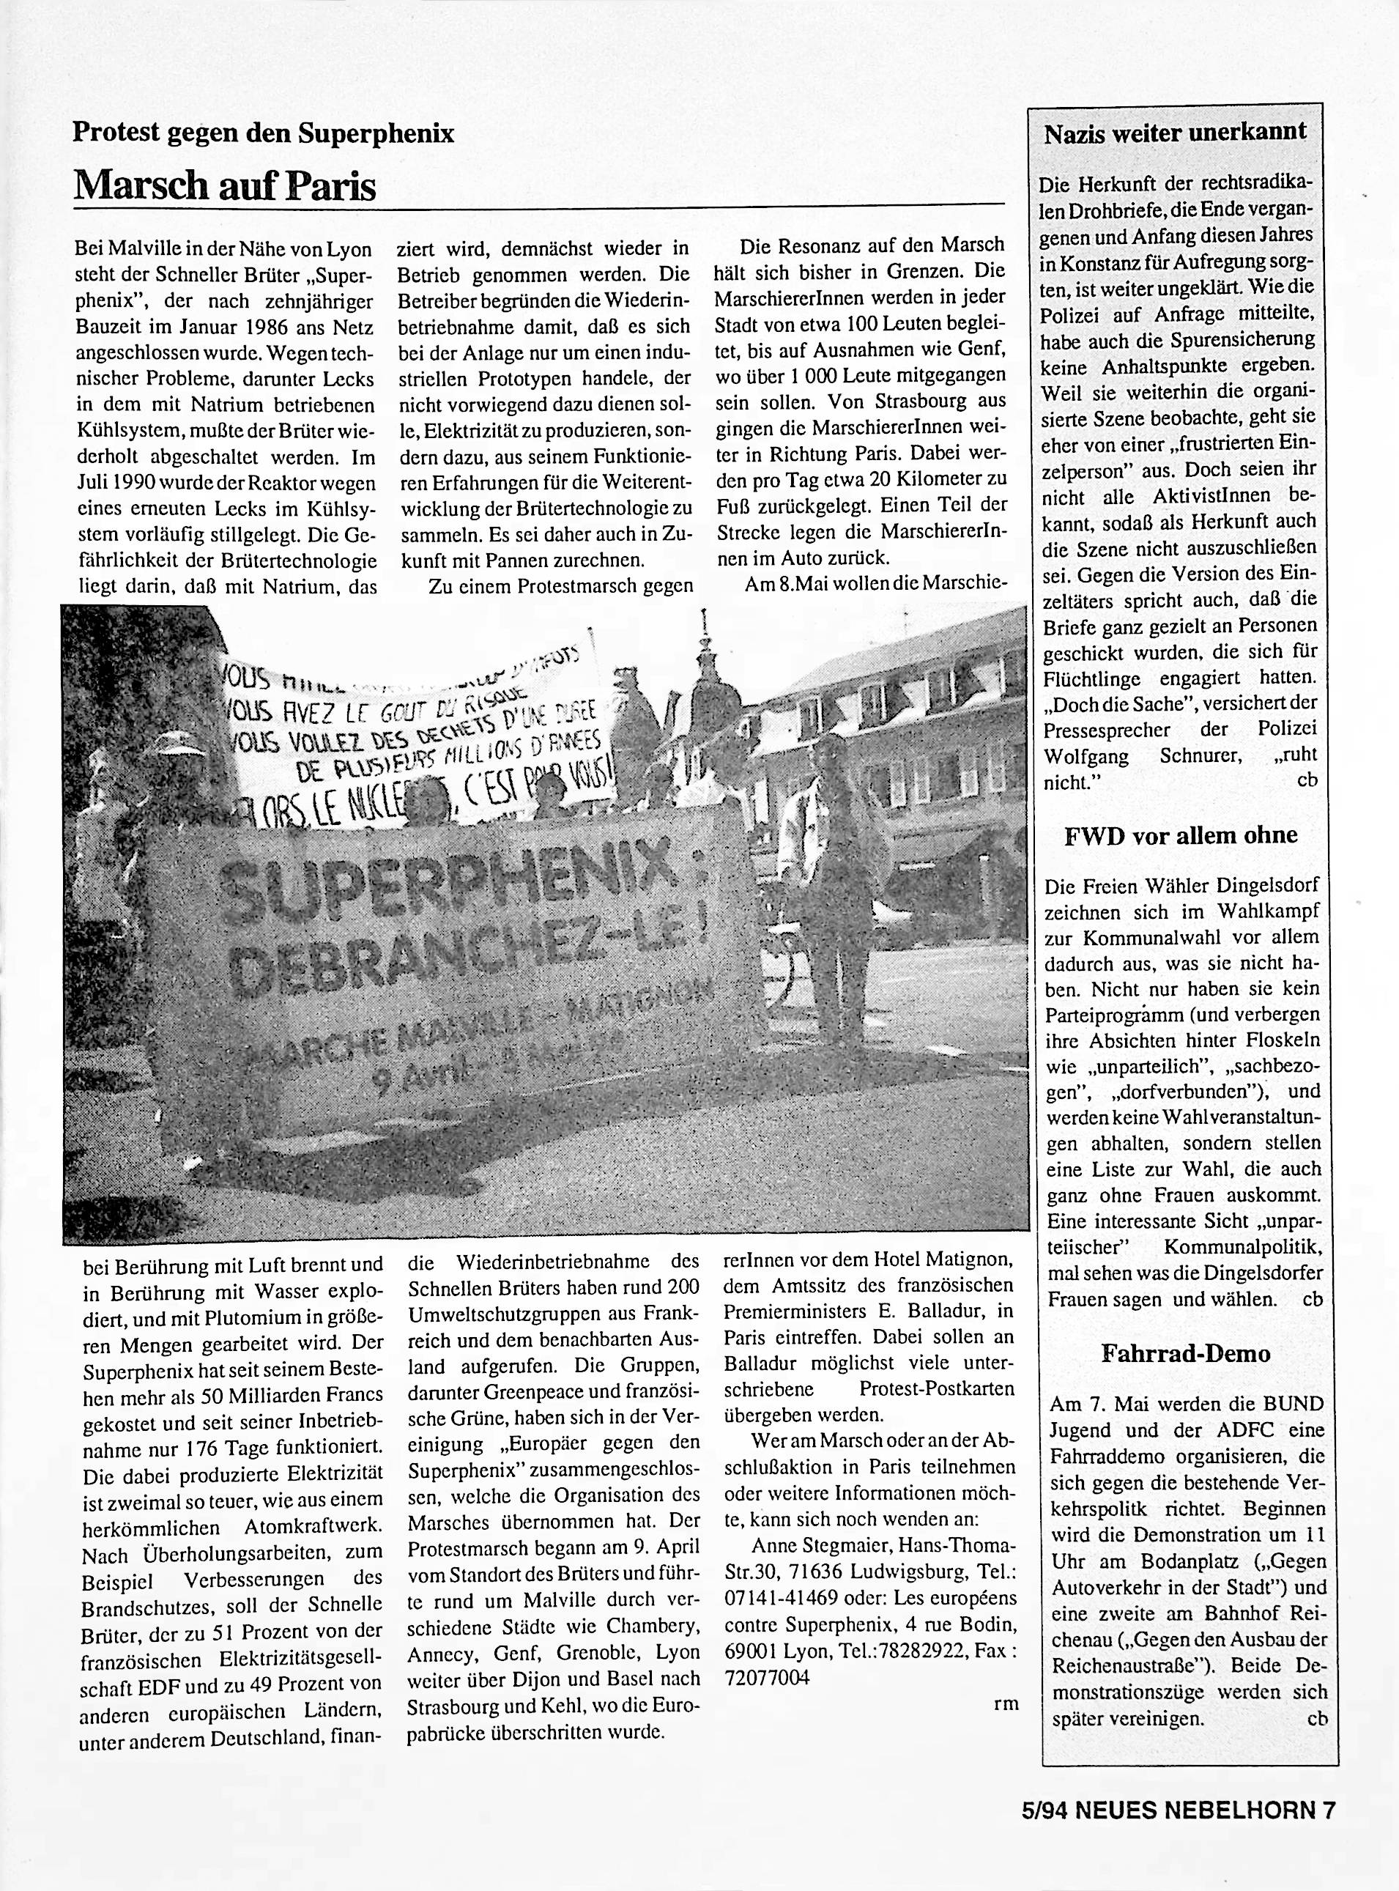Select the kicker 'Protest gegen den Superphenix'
coord(264,132)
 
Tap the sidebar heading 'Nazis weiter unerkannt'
coord(1175,132)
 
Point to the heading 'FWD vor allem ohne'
coord(1180,835)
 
